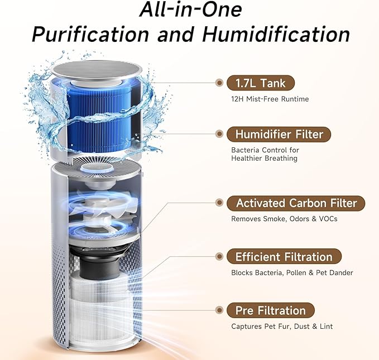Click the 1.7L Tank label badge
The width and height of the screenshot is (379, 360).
[x=260, y=84]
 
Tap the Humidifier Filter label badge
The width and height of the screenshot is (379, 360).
[x=279, y=135]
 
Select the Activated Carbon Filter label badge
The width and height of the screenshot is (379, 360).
[x=296, y=203]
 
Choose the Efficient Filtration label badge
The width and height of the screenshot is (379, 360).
[x=284, y=257]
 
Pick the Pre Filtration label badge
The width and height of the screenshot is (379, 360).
[x=270, y=310]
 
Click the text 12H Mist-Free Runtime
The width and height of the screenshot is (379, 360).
[x=270, y=99]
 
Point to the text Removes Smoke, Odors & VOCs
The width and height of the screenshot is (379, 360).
[x=284, y=219]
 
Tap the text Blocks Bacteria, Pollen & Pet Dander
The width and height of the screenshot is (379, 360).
[x=292, y=273]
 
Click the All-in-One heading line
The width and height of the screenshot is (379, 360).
[x=190, y=9]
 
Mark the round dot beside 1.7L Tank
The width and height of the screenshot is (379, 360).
[x=219, y=84]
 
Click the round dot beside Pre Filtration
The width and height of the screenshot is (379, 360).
[x=219, y=310]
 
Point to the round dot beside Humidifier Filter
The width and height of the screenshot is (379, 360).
[x=219, y=135]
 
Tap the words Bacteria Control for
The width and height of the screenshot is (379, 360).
[x=265, y=150]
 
